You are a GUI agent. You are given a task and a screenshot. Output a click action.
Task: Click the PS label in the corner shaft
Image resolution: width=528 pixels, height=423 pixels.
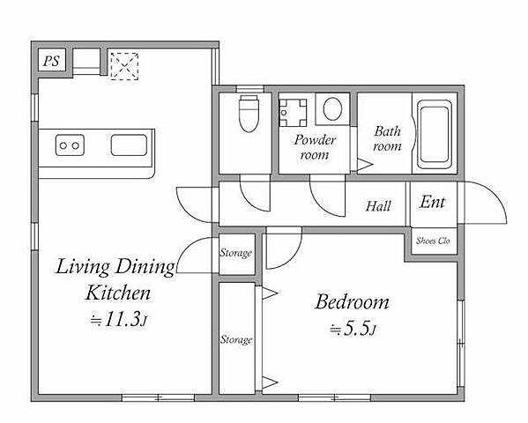[x=51, y=61]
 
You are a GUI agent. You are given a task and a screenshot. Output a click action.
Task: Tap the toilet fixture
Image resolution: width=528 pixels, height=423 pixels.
[x=249, y=114]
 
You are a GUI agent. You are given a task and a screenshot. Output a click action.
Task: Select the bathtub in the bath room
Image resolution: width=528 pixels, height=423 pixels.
[x=435, y=134]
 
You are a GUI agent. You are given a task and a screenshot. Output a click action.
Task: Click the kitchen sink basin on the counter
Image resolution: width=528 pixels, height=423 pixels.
[x=129, y=145]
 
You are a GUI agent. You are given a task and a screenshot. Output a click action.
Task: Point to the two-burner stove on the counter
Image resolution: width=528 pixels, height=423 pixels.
[x=70, y=145]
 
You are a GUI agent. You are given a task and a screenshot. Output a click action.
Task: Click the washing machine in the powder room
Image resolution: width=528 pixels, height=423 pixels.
[x=332, y=109]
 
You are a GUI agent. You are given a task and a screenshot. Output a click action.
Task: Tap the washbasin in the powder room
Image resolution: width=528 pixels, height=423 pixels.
[x=293, y=113]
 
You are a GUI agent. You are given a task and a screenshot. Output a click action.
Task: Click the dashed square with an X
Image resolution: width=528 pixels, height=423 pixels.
[x=124, y=66]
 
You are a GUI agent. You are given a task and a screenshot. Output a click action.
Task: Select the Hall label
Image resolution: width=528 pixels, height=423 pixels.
[x=378, y=206]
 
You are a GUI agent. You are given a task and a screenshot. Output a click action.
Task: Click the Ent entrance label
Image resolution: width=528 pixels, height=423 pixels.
[x=433, y=202]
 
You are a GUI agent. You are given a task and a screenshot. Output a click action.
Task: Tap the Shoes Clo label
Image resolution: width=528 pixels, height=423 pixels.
[x=433, y=241]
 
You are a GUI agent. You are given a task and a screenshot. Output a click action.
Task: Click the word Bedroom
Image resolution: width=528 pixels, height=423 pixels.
[x=353, y=301]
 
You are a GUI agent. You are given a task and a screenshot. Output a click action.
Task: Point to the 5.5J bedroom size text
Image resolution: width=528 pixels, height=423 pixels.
[x=353, y=329]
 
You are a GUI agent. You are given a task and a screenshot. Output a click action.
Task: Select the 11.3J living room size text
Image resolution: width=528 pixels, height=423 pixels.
[x=118, y=319]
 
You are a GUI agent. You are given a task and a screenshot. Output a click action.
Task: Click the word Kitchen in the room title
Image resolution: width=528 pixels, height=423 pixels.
[x=118, y=293]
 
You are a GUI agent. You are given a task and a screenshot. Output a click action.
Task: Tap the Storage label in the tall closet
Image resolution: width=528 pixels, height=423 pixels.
[x=236, y=340]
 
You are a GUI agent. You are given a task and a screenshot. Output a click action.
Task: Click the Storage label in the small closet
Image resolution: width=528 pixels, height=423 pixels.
[x=235, y=253]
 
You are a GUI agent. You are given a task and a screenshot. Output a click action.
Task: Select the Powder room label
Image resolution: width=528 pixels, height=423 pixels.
[x=315, y=147]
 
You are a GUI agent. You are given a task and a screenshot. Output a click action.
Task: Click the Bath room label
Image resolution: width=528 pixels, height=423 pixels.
[x=388, y=138]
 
